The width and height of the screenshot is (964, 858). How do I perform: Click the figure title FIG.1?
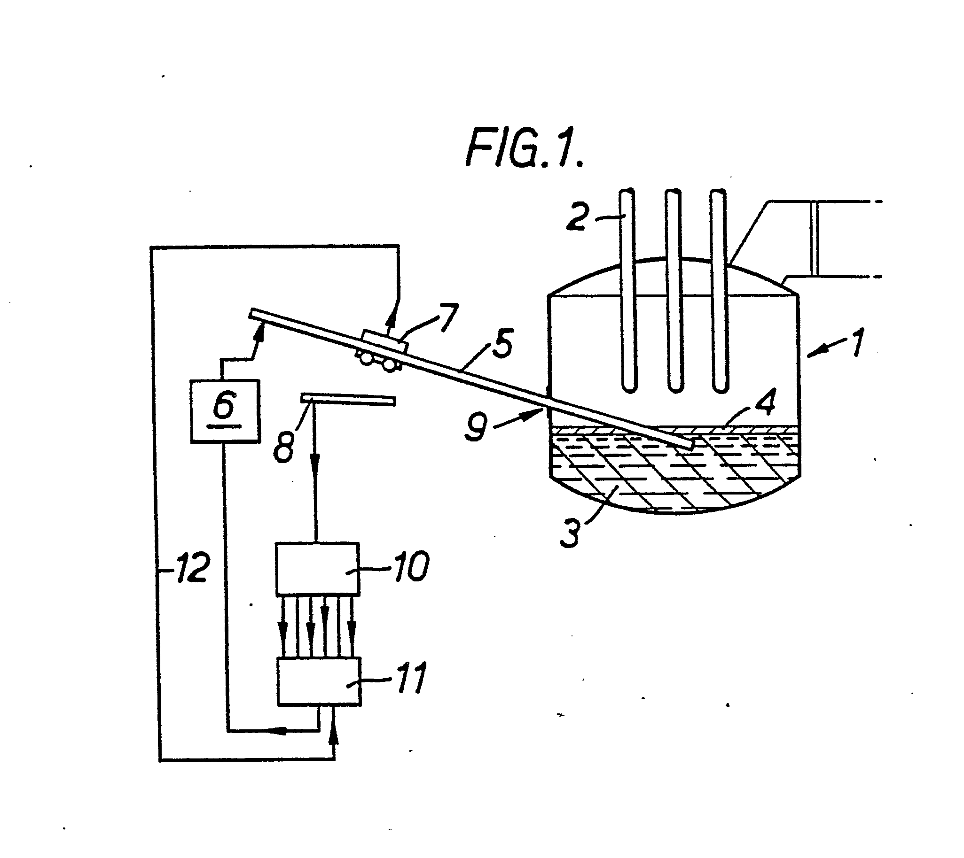(x=525, y=148)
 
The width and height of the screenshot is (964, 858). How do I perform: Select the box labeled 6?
(x=226, y=411)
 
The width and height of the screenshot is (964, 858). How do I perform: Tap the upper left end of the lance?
(x=251, y=313)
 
